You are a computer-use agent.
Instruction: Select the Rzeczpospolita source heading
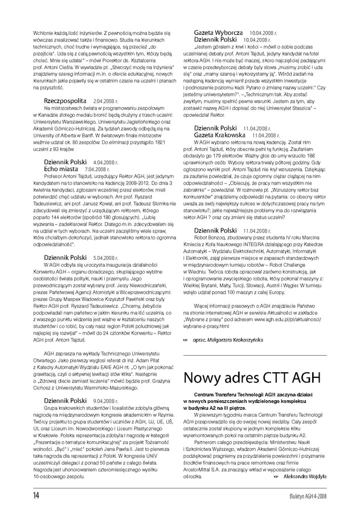64,100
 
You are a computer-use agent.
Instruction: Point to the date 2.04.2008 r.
105,101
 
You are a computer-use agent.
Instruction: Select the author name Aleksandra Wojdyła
305,475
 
